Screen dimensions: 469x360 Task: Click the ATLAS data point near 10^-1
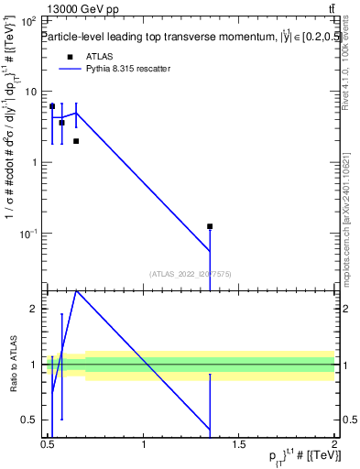tap(210, 226)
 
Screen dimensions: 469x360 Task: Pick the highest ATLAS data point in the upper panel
tap(52, 106)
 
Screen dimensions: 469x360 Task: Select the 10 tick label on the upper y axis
tap(30, 92)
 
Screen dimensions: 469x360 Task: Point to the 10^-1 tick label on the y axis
tap(29, 234)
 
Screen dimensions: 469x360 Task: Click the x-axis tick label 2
tap(334, 445)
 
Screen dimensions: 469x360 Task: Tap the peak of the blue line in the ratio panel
tap(76, 289)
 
